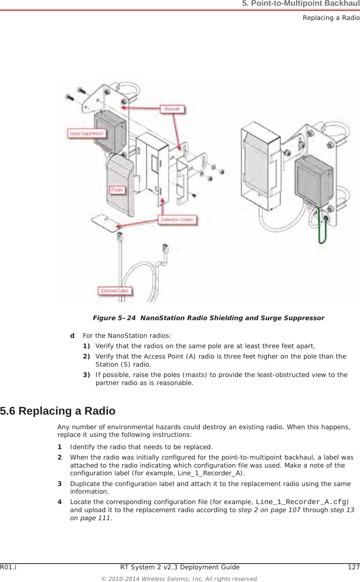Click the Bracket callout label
(172, 109)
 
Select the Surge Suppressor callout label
(86, 133)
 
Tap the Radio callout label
(117, 190)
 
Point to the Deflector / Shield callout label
(177, 220)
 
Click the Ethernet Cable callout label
(114, 291)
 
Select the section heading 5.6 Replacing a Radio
(58, 411)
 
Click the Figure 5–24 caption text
(208, 318)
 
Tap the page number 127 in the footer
(354, 567)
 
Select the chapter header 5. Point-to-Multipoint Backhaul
(300, 4)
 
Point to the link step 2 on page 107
(269, 510)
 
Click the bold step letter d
(72, 336)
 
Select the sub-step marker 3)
(87, 375)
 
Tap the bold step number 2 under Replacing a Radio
(60, 457)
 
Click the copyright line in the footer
(180, 579)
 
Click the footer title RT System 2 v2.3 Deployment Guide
(180, 567)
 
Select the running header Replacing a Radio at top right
(331, 18)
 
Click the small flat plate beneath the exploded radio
(104, 223)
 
